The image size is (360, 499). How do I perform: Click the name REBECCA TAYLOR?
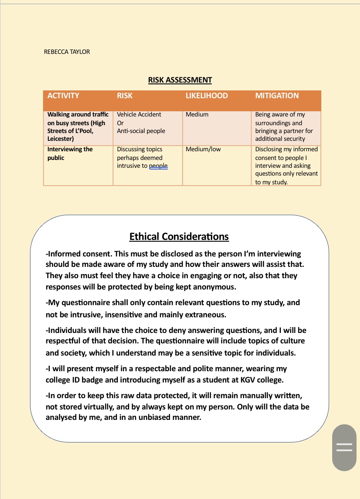click(67, 52)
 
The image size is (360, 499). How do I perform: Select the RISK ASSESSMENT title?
click(180, 80)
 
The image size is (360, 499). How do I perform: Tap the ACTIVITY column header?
click(63, 96)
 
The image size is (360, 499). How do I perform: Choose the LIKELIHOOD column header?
click(207, 96)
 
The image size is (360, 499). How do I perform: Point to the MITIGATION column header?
click(277, 96)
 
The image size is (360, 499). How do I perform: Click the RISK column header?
click(125, 96)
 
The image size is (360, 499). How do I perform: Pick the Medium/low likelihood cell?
click(203, 149)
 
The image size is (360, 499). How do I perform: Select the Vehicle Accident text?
click(139, 114)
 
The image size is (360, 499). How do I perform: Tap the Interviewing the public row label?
click(70, 153)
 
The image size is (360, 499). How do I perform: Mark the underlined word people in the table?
click(158, 166)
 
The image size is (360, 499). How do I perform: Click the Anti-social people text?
click(141, 130)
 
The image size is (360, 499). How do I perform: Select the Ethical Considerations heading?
click(179, 236)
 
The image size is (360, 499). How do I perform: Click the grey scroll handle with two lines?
click(344, 447)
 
